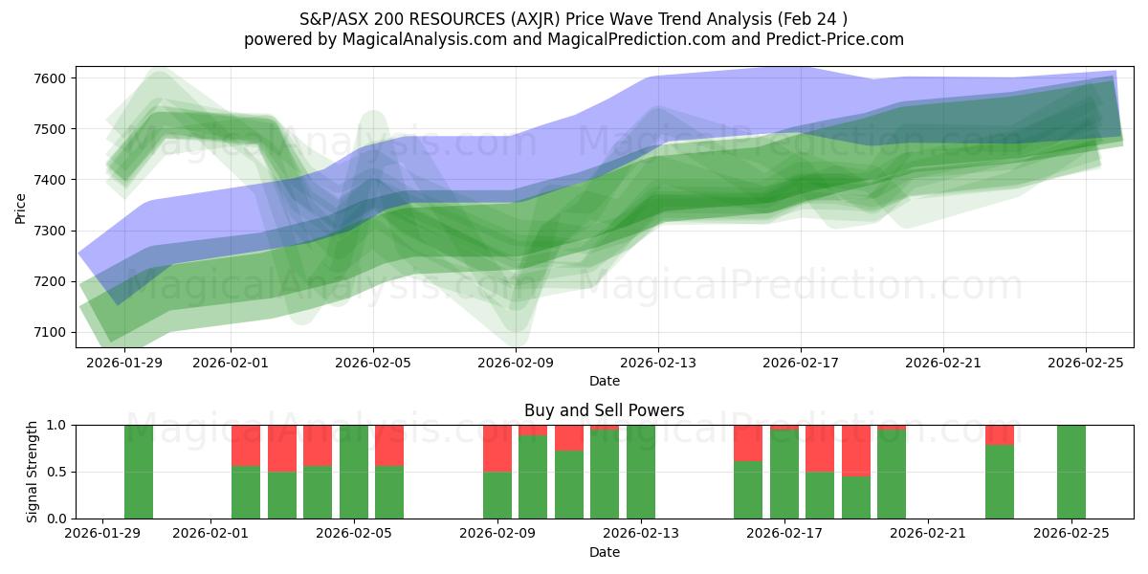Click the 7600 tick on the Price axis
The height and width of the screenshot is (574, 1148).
point(53,77)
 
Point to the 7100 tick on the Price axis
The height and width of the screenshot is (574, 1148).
point(53,332)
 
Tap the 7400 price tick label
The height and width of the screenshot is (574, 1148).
point(53,180)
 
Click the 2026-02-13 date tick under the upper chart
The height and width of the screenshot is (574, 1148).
point(658,363)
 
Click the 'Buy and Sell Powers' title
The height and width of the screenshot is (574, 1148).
point(604,410)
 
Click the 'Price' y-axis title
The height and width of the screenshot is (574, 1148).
point(20,207)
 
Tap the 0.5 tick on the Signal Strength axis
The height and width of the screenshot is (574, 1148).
point(56,472)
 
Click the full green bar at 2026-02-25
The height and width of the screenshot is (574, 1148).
point(1071,472)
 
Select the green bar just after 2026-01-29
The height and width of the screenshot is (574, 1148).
point(139,472)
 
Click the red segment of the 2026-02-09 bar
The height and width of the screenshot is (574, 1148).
point(497,448)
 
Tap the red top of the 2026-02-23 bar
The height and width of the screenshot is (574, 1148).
point(1000,434)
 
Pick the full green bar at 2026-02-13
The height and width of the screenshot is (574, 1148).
point(641,472)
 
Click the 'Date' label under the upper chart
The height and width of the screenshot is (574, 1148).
point(604,381)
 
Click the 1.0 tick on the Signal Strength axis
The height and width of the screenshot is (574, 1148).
point(56,425)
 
